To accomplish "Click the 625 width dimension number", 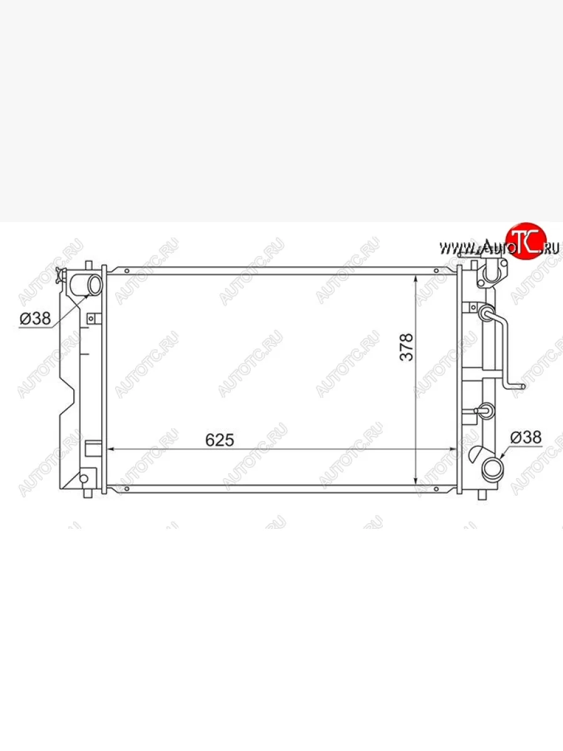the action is tap(220, 440).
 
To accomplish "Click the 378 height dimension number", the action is tap(407, 347).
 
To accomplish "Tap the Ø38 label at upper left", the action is tap(35, 319).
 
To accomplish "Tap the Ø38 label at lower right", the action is tap(526, 437).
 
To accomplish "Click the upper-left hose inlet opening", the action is tap(95, 285).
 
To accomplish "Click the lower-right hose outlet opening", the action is tap(492, 468).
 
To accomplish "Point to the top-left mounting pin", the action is tap(89, 267).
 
